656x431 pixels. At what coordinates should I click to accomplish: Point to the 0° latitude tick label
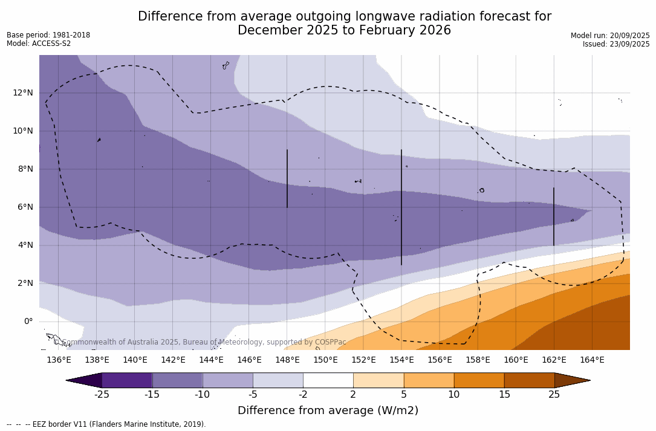(x=28, y=321)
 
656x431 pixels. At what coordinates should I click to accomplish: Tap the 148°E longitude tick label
(x=287, y=360)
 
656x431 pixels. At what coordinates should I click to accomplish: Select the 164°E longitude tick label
(x=592, y=360)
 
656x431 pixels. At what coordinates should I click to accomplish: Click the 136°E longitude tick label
(x=59, y=360)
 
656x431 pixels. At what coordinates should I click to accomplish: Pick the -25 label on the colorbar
(x=102, y=395)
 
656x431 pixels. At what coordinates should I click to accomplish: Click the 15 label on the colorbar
(x=504, y=395)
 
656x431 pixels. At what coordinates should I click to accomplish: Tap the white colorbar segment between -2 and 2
(x=328, y=380)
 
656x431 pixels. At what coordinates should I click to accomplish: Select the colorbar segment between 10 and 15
(x=479, y=380)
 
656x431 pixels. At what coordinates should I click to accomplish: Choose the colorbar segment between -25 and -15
(x=127, y=380)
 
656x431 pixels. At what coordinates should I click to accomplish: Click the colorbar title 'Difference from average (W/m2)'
(x=328, y=410)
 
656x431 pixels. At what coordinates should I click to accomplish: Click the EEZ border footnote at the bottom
(x=106, y=424)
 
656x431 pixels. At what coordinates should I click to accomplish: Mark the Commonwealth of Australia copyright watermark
(x=200, y=342)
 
